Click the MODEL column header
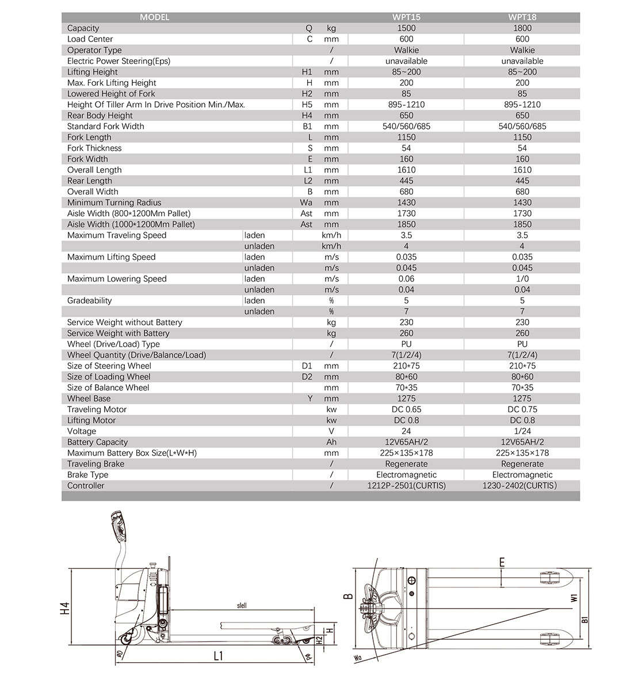coord(154,17)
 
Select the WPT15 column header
coord(406,17)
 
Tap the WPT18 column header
coord(522,17)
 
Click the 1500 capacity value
coord(406,28)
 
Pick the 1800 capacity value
coord(522,28)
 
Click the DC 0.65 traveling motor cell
coord(406,409)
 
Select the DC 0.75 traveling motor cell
coord(522,409)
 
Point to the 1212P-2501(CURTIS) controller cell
coord(406,485)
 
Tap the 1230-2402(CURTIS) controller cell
coord(522,485)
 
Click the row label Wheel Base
coord(89,398)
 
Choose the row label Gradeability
coord(89,301)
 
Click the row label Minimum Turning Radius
coord(114,203)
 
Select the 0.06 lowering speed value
coord(406,279)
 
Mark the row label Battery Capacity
coord(97,442)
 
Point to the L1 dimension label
coord(217,656)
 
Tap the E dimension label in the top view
coord(502,563)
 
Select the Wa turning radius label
coord(358,656)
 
